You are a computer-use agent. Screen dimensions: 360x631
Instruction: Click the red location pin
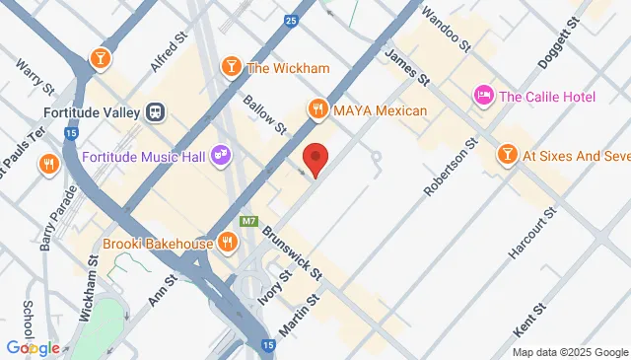tap(315, 159)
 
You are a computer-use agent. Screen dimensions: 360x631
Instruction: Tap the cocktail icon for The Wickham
tap(230, 67)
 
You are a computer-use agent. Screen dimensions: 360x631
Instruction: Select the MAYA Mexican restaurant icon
tap(316, 109)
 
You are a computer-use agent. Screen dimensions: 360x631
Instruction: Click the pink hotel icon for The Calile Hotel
tap(484, 96)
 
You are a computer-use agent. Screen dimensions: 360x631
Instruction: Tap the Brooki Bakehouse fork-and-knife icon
tap(227, 241)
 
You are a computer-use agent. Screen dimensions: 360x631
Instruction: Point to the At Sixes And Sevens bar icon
tap(506, 155)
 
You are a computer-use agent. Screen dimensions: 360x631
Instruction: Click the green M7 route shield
tap(249, 225)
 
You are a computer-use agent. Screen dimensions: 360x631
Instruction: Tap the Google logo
tap(33, 347)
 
